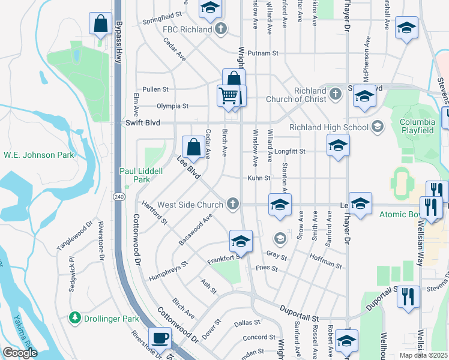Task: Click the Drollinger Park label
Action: point(111,317)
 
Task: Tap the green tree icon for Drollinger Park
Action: point(75,317)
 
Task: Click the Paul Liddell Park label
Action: point(141,175)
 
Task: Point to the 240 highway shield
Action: point(118,196)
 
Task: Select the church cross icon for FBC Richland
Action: point(221,29)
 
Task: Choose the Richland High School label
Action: point(328,127)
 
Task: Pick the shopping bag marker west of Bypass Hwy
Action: point(100,24)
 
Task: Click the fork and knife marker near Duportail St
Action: point(408,296)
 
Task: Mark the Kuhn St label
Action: point(259,178)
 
